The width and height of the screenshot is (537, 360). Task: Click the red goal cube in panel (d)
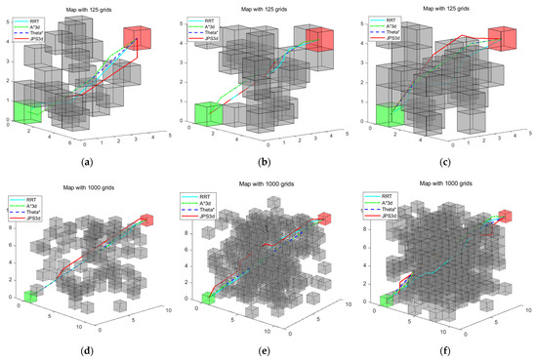[x=146, y=220]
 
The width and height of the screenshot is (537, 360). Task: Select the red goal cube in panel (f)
[x=505, y=217]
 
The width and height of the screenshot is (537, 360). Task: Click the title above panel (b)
[x=268, y=9]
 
